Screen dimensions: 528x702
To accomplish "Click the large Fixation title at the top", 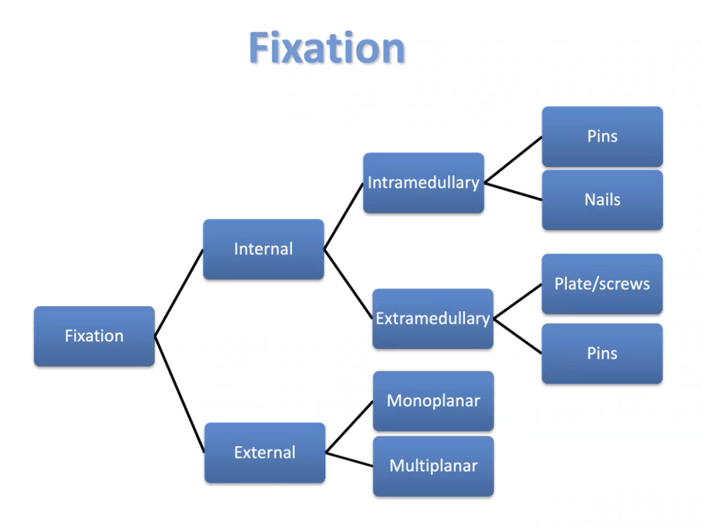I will point(326,48).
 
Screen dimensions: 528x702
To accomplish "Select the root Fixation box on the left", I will point(94,336).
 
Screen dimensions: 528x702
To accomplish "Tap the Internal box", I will point(263,249).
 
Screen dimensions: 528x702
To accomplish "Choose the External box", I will point(265,452).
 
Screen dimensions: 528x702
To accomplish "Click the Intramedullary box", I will point(423,183).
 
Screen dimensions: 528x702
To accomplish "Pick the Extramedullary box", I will point(432,319).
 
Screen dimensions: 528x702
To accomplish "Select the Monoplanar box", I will point(433,401).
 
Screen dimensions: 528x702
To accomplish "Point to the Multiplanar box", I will point(433,466).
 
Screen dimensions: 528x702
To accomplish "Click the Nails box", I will point(602,200).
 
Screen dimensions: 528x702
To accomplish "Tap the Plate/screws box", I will point(602,284).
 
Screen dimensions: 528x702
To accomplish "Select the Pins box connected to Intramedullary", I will point(602,136).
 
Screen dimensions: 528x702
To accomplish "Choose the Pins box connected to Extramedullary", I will point(602,353).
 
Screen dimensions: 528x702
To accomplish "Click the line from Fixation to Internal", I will point(179,292).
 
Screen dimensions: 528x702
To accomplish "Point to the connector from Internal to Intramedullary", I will point(344,216).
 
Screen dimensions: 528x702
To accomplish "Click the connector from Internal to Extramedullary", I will point(348,284).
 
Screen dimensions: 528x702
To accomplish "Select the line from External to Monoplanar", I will point(349,427).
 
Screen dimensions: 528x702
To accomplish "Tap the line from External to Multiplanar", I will point(349,459).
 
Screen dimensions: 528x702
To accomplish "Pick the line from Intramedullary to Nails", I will point(513,190).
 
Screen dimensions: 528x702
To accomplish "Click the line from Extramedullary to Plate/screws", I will point(518,302).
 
